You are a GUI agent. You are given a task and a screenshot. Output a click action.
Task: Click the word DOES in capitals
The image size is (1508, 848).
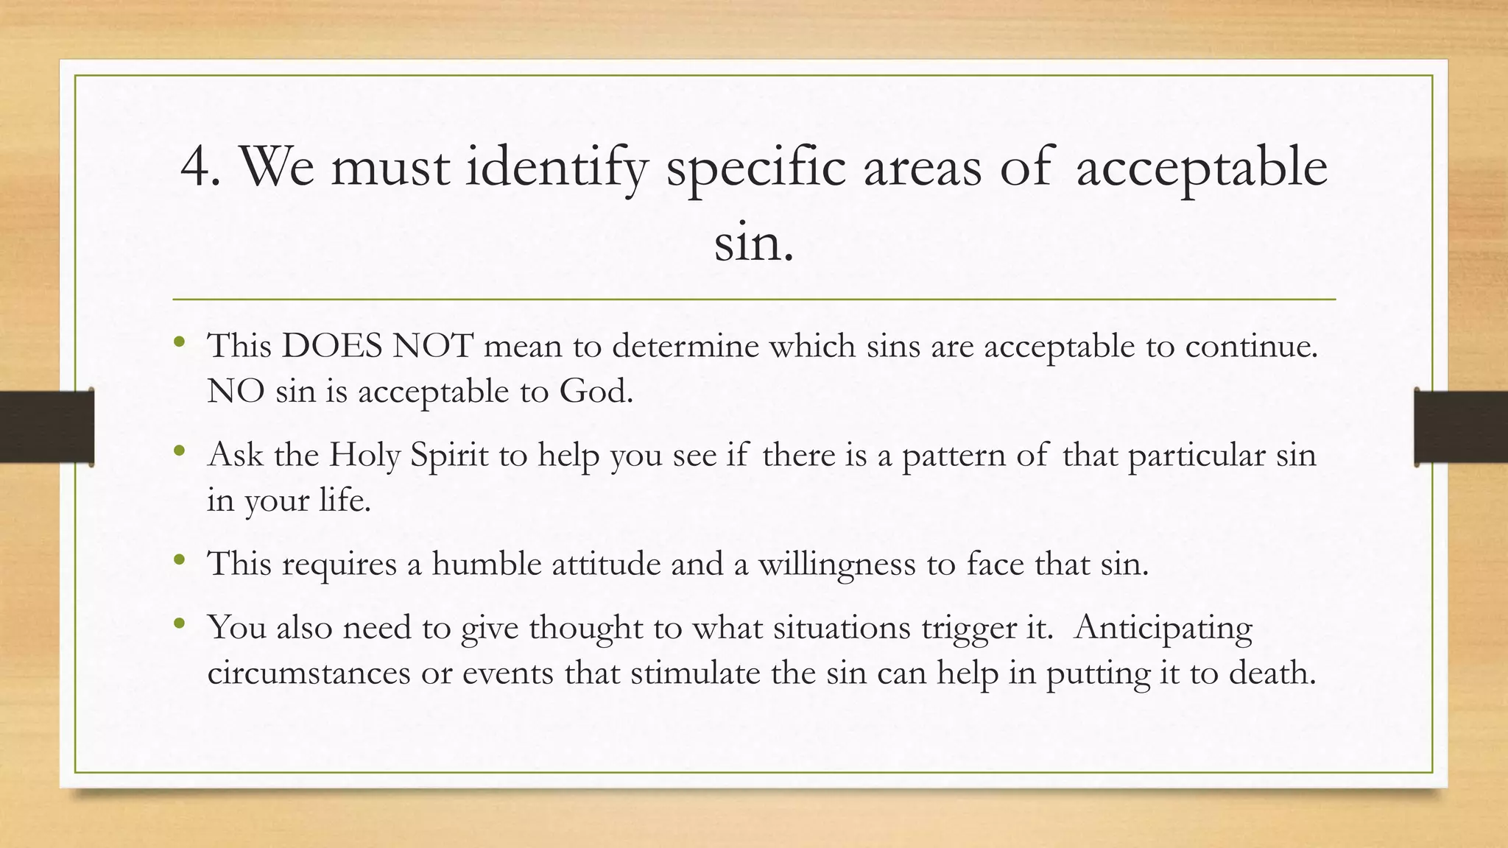click(x=332, y=346)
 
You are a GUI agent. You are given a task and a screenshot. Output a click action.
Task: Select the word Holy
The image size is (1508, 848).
click(x=364, y=455)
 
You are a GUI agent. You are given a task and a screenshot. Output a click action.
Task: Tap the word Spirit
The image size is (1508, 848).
click(x=449, y=455)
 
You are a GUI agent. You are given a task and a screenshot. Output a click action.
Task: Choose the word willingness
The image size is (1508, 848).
click(x=837, y=564)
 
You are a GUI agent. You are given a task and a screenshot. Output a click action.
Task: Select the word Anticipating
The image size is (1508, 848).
click(x=1163, y=628)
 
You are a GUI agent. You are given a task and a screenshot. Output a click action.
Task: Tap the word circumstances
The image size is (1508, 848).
click(x=309, y=673)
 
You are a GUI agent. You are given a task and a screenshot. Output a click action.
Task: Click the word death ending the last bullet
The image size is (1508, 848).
click(x=1272, y=673)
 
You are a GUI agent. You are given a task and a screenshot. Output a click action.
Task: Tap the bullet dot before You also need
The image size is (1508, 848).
click(x=179, y=624)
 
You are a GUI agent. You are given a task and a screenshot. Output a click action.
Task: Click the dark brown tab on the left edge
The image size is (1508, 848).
click(x=46, y=427)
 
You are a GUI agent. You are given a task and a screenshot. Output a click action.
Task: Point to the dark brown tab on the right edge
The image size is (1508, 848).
click(x=1461, y=427)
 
